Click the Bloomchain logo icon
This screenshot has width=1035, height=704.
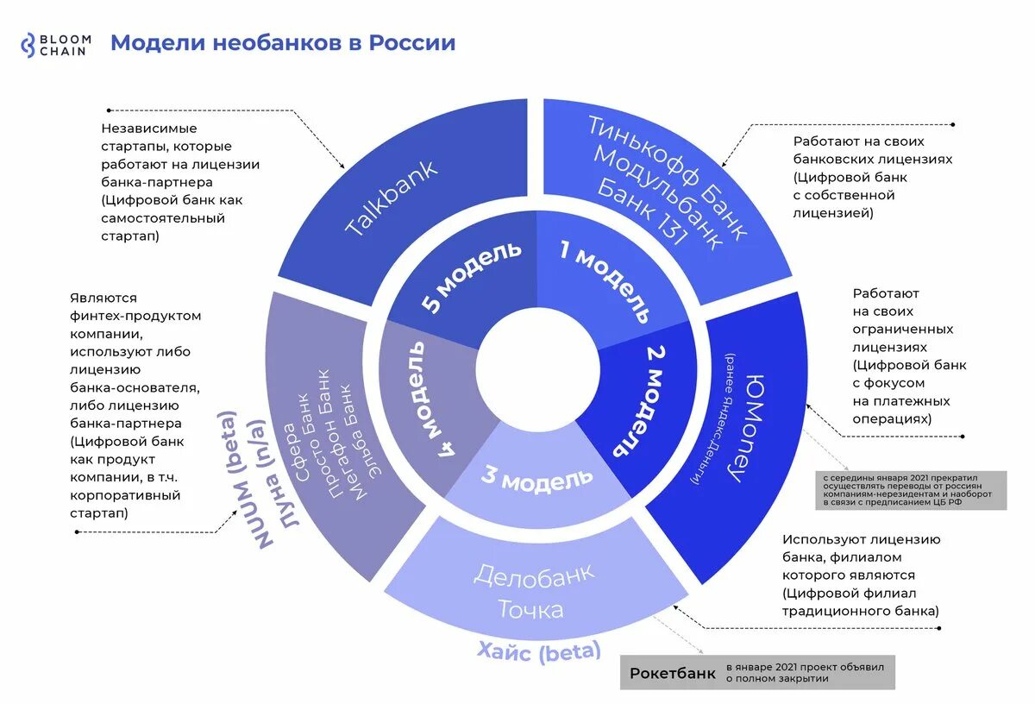point(28,45)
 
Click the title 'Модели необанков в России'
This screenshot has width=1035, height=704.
point(283,43)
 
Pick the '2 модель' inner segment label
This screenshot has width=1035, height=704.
point(643,402)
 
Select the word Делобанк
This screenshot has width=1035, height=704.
point(535,576)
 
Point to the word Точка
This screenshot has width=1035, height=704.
point(530,609)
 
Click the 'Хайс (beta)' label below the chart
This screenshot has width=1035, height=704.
point(540,651)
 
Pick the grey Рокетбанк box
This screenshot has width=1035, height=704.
point(672,673)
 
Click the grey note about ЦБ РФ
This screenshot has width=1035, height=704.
point(910,490)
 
